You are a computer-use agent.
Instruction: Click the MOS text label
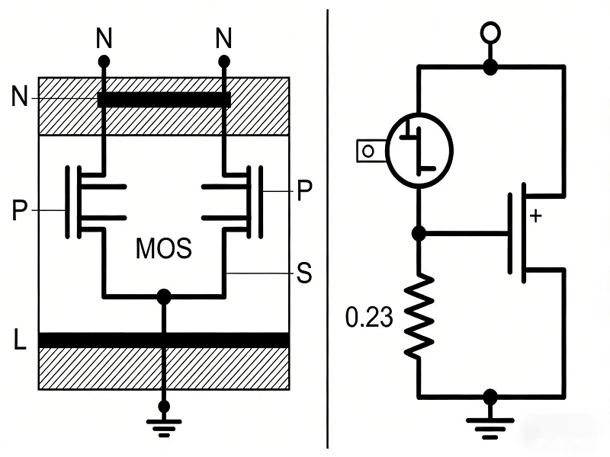pyautogui.click(x=163, y=248)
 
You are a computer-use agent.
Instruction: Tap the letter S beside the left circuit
pyautogui.click(x=304, y=273)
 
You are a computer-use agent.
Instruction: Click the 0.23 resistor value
pyautogui.click(x=369, y=316)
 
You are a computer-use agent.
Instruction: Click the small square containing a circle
pyautogui.click(x=368, y=151)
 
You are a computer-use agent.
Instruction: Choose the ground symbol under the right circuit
pyautogui.click(x=490, y=423)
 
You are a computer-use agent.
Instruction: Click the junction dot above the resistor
pyautogui.click(x=418, y=234)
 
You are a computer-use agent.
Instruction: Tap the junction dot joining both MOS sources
pyautogui.click(x=162, y=296)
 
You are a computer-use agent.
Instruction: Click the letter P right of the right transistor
pyautogui.click(x=304, y=192)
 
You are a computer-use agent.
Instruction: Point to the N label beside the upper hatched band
pyautogui.click(x=21, y=97)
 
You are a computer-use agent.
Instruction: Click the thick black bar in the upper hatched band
pyautogui.click(x=164, y=100)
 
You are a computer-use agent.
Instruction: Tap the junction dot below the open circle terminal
pyautogui.click(x=490, y=67)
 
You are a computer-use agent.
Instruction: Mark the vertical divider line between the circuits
pyautogui.click(x=328, y=228)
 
